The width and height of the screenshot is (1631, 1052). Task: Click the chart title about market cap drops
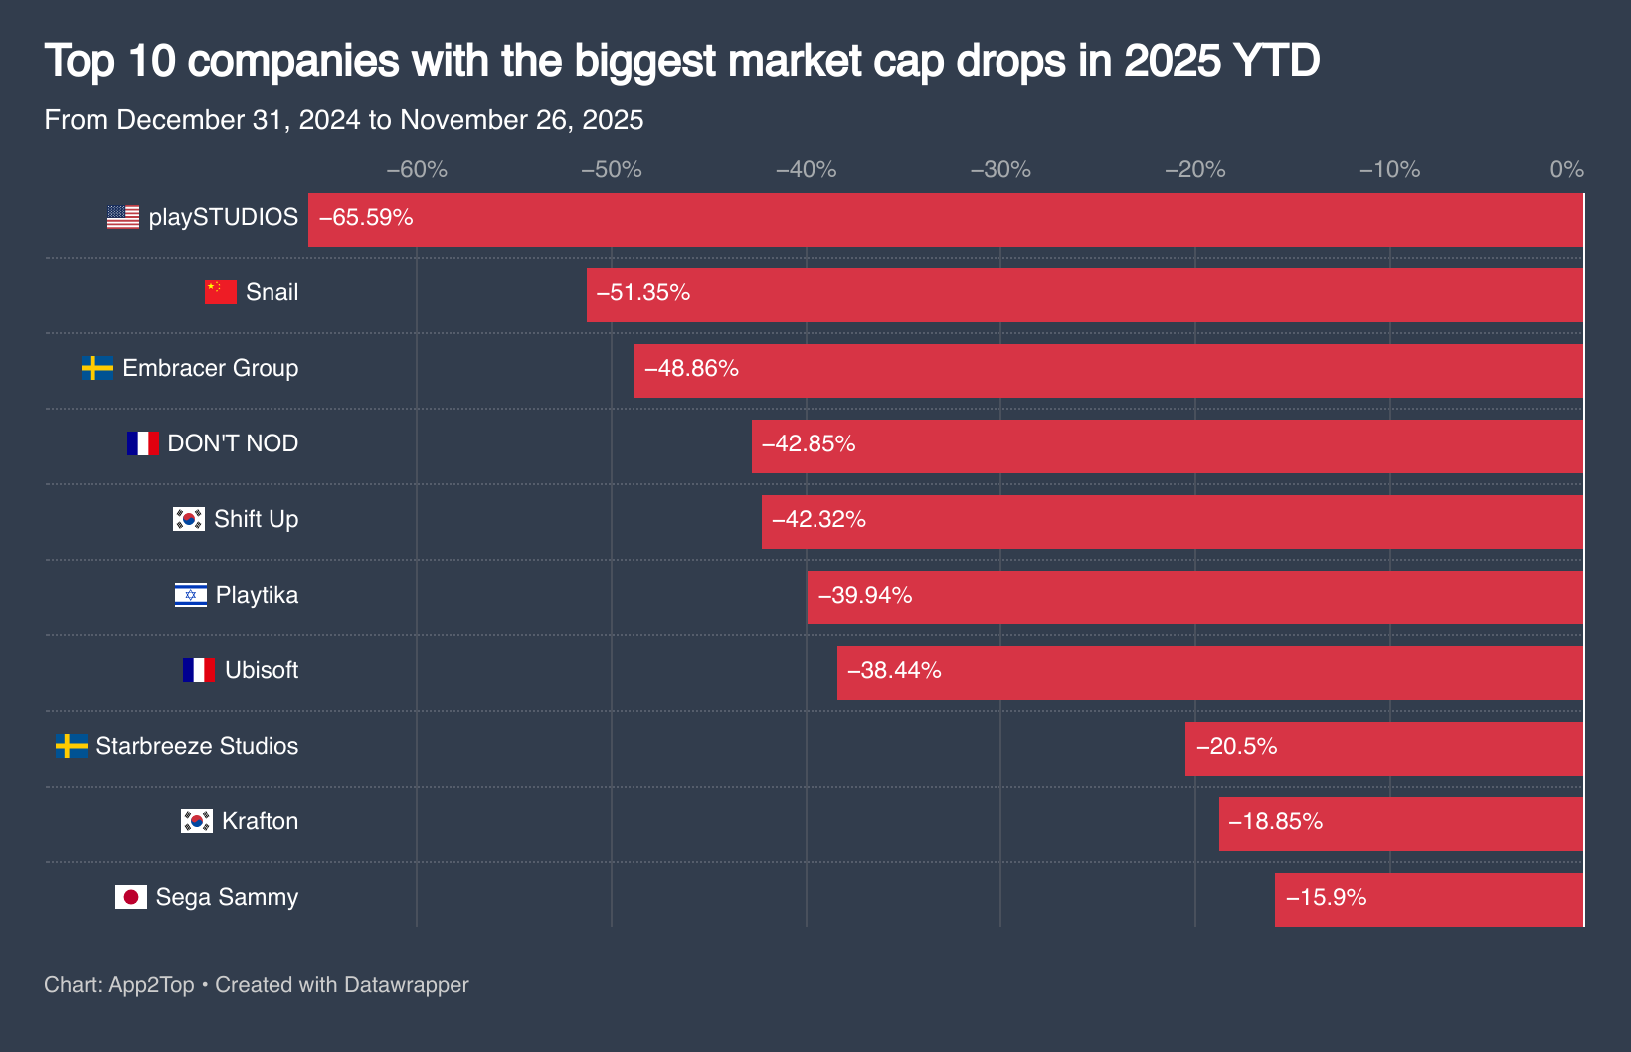682,61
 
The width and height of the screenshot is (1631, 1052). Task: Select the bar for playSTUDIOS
945,220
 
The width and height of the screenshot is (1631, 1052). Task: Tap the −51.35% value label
643,293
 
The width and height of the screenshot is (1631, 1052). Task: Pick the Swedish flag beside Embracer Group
96,368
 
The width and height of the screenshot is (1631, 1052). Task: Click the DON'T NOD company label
233,443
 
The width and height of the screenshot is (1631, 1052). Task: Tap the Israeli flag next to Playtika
190,595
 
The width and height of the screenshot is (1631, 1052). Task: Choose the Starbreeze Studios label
197,746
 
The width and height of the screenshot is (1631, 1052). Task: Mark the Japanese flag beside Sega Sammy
130,897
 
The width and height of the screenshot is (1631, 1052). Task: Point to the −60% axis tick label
417,170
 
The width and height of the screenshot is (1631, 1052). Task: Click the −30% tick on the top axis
1000,170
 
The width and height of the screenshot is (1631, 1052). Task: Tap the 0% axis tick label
1566,170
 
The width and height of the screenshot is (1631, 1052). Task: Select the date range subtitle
344,120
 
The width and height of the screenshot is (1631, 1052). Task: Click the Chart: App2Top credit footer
257,985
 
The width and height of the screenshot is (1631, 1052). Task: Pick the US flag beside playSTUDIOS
123,217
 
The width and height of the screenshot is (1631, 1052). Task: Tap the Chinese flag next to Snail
220,292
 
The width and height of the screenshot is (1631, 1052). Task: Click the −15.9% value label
1327,898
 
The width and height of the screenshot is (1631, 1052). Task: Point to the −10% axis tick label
1389,170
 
